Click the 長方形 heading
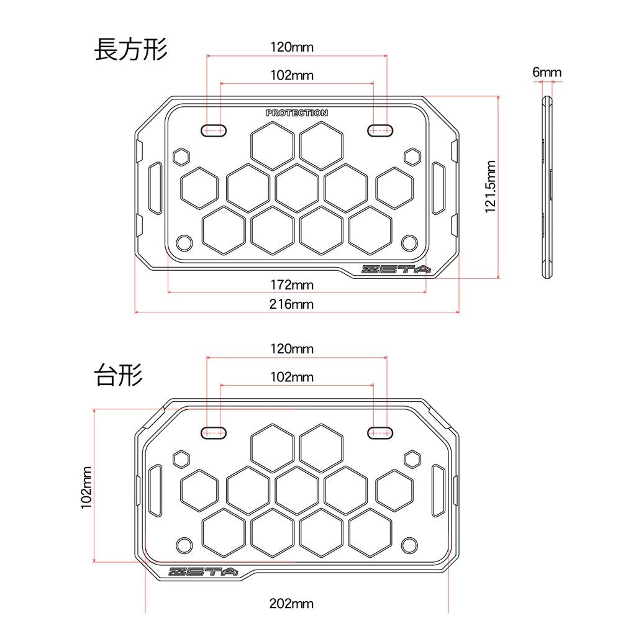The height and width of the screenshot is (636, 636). click(x=131, y=50)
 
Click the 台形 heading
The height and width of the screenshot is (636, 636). click(x=119, y=375)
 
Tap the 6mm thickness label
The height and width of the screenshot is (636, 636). click(x=547, y=72)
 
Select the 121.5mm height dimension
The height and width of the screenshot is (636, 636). click(x=491, y=186)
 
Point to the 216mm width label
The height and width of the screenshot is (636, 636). click(x=292, y=304)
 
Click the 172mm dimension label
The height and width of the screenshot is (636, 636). click(x=292, y=284)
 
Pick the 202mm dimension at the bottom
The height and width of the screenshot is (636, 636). click(x=292, y=604)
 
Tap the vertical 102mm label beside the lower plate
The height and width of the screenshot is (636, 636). click(x=86, y=487)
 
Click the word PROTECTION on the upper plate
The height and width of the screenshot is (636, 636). click(x=297, y=113)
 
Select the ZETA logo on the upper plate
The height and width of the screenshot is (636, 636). click(x=396, y=270)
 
